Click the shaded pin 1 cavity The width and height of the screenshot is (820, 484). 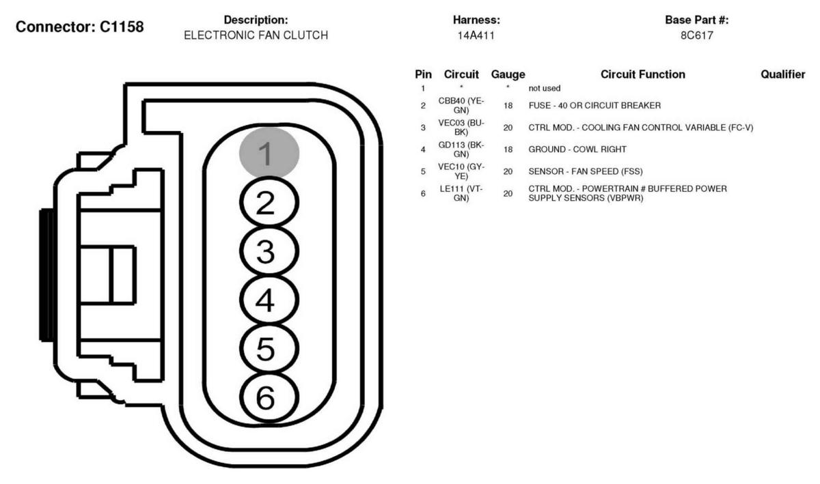tap(269, 152)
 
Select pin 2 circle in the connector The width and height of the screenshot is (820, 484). tap(269, 202)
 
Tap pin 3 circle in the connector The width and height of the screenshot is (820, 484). tap(269, 251)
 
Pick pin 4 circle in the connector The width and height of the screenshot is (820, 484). tap(269, 300)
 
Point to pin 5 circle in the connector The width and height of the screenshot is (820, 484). tap(269, 348)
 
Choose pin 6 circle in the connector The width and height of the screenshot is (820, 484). tap(269, 397)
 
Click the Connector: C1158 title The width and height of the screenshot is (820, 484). tap(79, 27)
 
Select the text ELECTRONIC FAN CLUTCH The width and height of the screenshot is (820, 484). tap(256, 35)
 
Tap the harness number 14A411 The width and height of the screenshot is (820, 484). tap(476, 35)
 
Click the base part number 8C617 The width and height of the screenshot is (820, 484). tap(696, 35)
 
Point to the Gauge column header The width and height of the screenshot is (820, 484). tap(508, 74)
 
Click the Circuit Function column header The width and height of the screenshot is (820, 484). tap(643, 74)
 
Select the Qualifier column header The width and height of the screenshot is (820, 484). tap(782, 74)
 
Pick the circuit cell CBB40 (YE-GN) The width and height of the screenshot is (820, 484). tap(461, 105)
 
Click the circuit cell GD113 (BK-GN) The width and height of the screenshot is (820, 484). tap(461, 150)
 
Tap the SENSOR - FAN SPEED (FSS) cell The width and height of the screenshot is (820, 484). tap(586, 171)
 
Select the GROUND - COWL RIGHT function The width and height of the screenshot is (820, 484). tap(577, 150)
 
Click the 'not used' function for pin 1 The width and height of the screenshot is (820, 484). tap(545, 88)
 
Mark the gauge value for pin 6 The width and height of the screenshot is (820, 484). tap(508, 193)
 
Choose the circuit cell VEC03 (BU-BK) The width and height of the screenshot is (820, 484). tap(461, 127)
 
